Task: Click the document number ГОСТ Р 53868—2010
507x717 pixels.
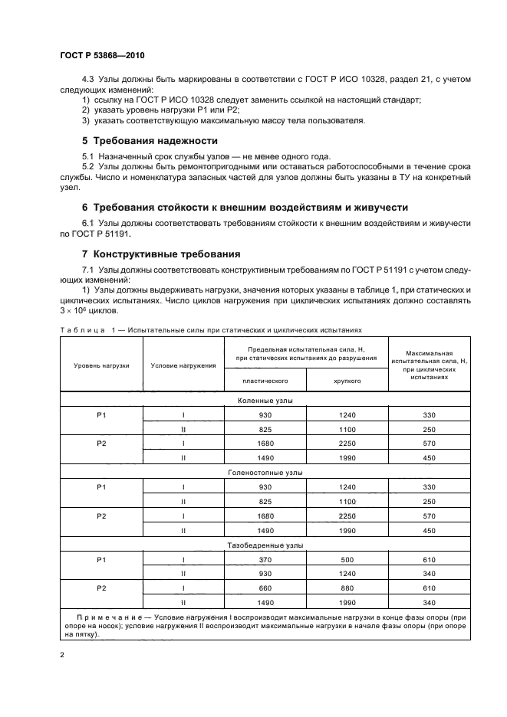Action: (x=101, y=56)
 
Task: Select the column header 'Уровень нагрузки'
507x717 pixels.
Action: (x=101, y=365)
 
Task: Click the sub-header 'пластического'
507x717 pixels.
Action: (x=265, y=379)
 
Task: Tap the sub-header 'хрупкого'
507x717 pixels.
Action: (x=347, y=379)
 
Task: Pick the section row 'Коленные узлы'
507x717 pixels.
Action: (x=265, y=400)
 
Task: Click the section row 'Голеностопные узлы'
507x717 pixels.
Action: (x=265, y=473)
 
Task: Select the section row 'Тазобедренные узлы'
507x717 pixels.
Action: (x=265, y=545)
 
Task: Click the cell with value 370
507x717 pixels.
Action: (x=265, y=559)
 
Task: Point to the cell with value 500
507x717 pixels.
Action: (x=347, y=559)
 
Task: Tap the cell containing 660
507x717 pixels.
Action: (x=265, y=588)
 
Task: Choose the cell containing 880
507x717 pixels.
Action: (x=347, y=588)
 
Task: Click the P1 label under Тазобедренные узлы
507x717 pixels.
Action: (x=101, y=559)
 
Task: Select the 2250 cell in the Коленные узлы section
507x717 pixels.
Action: (x=347, y=444)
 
